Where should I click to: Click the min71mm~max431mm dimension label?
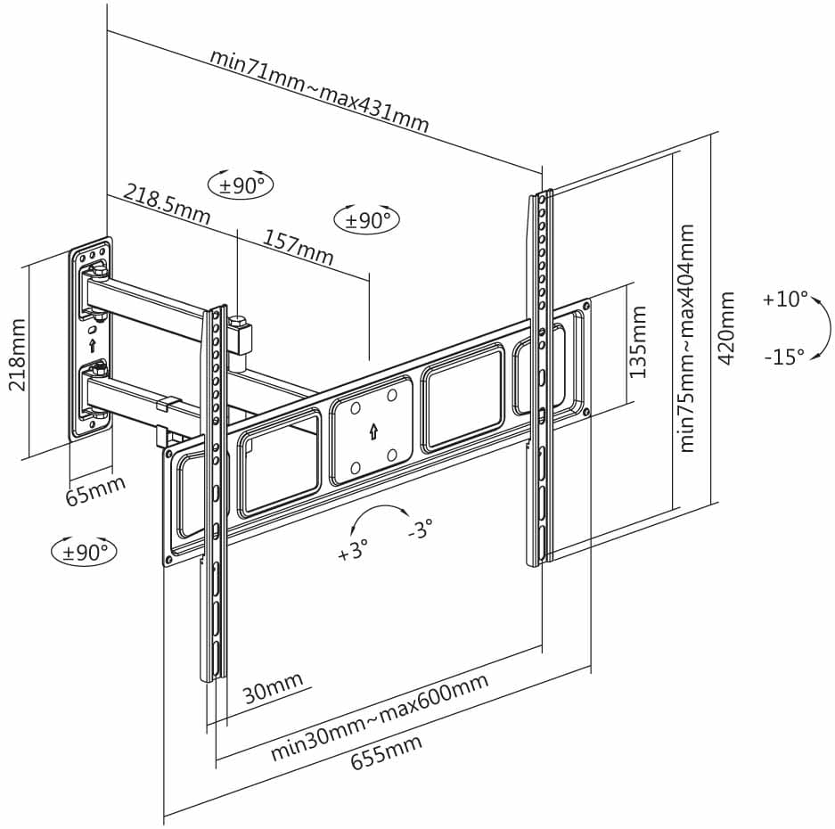point(320,91)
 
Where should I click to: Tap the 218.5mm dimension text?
point(168,204)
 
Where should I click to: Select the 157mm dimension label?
point(299,247)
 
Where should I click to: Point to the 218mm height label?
point(17,354)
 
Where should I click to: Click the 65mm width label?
point(96,489)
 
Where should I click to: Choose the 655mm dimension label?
point(386,751)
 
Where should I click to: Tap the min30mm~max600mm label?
point(380,717)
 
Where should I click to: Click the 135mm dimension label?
point(637,341)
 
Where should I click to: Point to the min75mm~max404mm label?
point(687,339)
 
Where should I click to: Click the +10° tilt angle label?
point(785,299)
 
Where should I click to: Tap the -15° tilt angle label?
point(784,356)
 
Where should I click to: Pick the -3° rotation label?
point(420,529)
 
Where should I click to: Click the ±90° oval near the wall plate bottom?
point(84,551)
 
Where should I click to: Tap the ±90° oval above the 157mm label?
point(366,219)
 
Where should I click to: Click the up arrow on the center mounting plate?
point(373,431)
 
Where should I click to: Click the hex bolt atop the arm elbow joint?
point(237,323)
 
